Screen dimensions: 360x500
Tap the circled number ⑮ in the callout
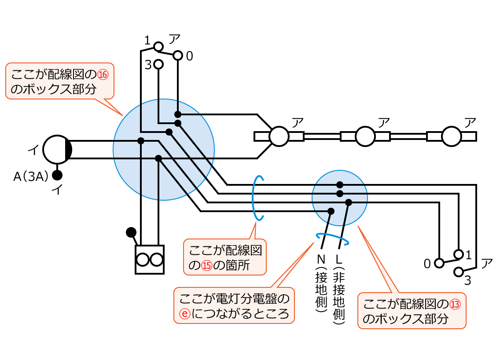(x=207, y=265)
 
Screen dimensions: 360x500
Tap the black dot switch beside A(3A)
(x=57, y=175)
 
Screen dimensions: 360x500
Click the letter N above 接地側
(x=321, y=259)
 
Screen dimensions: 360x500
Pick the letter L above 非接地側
(x=338, y=259)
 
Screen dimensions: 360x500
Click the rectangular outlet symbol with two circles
(x=150, y=260)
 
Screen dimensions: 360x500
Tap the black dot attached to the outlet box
(x=131, y=232)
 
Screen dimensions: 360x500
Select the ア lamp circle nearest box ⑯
(x=279, y=136)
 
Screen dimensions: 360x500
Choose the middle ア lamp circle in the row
(x=365, y=136)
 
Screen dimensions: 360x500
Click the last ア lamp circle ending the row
(x=451, y=136)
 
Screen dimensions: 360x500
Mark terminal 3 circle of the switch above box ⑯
(x=158, y=64)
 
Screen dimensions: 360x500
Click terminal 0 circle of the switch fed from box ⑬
(x=438, y=263)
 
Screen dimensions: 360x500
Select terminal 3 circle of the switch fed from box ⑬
(x=459, y=272)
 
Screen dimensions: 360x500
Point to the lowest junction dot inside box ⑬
(x=331, y=211)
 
